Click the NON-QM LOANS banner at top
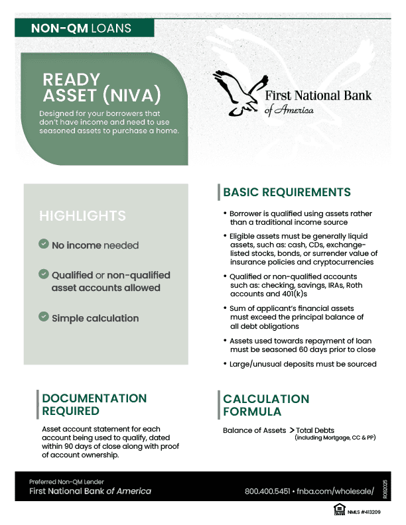point(81,29)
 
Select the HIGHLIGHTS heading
point(82,216)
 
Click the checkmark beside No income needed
point(44,245)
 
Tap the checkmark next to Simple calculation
point(44,318)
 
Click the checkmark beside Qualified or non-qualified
point(44,274)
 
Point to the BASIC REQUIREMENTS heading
point(287,192)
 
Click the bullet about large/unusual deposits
point(303,364)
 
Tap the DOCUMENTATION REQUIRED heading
point(94,404)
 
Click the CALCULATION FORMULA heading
point(266,405)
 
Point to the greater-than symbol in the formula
point(292,430)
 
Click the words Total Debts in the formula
point(316,431)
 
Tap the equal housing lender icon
point(339,510)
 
